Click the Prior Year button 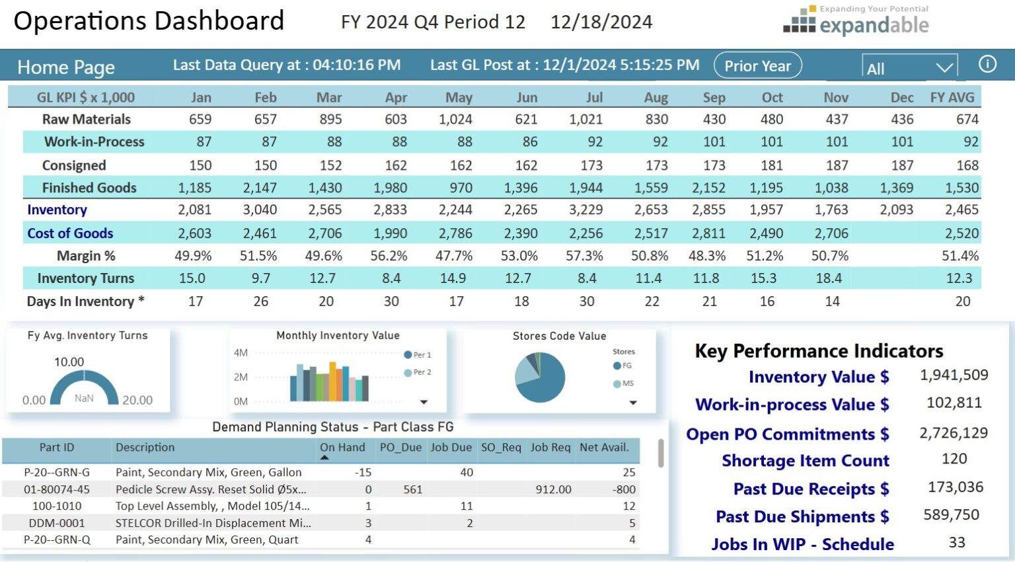pos(757,66)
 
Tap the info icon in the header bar pos(987,64)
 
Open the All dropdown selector pos(909,68)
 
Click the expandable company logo pos(856,21)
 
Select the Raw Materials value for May pos(455,120)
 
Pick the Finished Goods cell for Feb pos(260,188)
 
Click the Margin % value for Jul pos(584,256)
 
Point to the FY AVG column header pos(952,98)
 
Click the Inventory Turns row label pos(85,278)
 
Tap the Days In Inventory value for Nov pos(832,301)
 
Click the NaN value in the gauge pos(84,399)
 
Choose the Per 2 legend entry pos(418,372)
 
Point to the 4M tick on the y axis pos(241,353)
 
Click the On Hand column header pos(342,448)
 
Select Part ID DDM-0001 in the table pos(56,523)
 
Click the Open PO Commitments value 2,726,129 pos(954,433)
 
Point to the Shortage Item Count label pos(805,461)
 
